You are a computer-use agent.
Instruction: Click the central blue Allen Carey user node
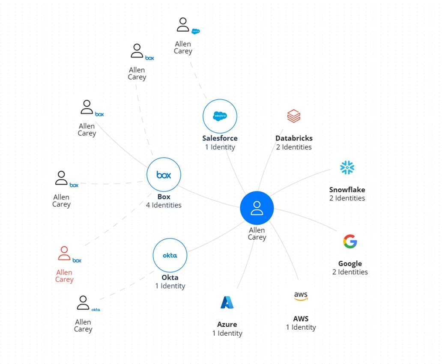tap(257, 208)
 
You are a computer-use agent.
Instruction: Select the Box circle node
tap(164, 175)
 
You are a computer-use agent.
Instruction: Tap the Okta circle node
tap(170, 255)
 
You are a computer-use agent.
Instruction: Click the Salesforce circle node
tap(220, 116)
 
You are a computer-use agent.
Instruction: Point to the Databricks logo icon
tap(293, 116)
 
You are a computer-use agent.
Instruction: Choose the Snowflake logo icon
tap(347, 167)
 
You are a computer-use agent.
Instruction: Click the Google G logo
tap(350, 242)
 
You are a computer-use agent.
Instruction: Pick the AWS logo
tap(301, 296)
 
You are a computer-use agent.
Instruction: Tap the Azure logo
tap(227, 302)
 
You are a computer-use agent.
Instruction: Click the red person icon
tap(64, 254)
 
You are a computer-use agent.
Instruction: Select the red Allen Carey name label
tap(64, 276)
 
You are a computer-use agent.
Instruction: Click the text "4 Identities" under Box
tap(164, 205)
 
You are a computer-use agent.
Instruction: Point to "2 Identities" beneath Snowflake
tap(347, 198)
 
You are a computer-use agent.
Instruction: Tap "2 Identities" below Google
tap(350, 272)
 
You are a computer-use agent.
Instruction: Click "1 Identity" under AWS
tap(301, 327)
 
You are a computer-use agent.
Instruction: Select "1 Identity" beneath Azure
tap(227, 333)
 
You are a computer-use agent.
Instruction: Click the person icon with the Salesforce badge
tap(183, 24)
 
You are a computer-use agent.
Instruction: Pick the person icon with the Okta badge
tap(83, 303)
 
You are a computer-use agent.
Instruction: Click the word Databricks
tap(294, 138)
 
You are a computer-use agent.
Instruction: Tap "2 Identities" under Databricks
tap(294, 147)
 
